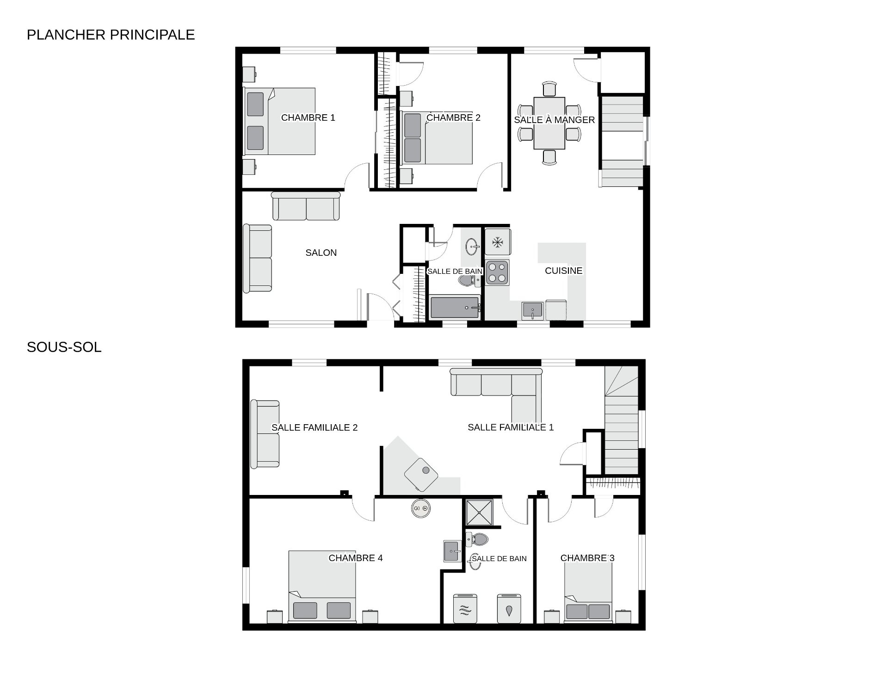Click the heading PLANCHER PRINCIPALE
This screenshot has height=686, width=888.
[111, 35]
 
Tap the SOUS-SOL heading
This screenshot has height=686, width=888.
[64, 347]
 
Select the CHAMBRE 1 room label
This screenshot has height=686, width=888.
[308, 118]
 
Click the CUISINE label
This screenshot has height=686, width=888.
[563, 271]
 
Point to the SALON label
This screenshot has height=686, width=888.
[321, 253]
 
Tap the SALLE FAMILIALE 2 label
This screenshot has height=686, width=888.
[314, 428]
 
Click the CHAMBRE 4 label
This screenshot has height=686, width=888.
[356, 558]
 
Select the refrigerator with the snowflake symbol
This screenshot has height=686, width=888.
[498, 242]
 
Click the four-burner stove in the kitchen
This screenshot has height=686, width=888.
[497, 272]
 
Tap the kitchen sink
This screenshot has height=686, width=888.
[532, 310]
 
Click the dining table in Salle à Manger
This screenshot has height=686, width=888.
[549, 123]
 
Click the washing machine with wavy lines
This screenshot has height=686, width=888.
[465, 609]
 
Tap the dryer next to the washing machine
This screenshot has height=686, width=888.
[509, 609]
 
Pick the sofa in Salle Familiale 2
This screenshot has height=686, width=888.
[265, 434]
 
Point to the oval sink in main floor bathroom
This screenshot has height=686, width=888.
[472, 247]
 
